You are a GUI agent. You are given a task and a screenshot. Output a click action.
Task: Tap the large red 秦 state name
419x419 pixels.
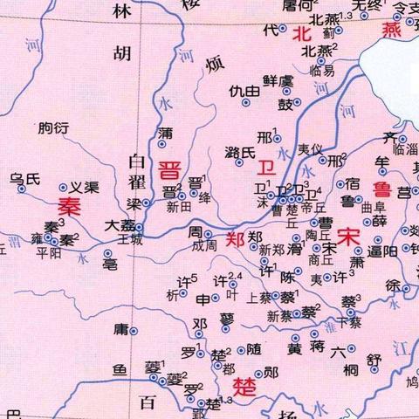tap(70, 207)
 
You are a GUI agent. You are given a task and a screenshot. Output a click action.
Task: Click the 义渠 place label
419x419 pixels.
tap(84, 187)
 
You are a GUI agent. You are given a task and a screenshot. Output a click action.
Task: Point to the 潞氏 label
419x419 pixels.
tap(240, 153)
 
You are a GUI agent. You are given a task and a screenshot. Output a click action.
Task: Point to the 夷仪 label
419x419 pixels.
tap(311, 149)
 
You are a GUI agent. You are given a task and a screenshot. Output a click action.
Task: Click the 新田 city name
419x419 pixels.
tap(179, 209)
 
